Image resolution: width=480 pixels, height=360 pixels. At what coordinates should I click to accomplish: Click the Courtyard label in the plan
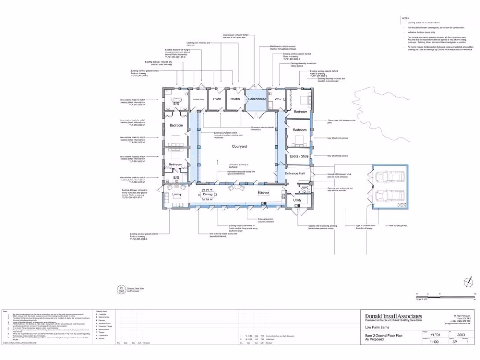tap(239, 147)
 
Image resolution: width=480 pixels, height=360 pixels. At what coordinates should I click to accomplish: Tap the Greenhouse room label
tap(257, 99)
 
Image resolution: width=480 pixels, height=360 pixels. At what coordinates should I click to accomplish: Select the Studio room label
tap(235, 99)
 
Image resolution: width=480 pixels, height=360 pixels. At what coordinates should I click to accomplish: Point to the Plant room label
tap(217, 99)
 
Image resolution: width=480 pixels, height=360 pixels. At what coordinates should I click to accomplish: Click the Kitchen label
tap(263, 193)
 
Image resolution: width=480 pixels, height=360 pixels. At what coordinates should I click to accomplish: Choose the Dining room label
tap(208, 194)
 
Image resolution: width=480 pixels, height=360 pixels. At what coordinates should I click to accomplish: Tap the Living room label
tap(177, 194)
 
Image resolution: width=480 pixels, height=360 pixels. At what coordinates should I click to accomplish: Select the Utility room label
tap(297, 200)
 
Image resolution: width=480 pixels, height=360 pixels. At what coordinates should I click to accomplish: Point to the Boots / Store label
tap(299, 156)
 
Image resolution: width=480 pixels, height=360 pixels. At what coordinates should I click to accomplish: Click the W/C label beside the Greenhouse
tap(277, 99)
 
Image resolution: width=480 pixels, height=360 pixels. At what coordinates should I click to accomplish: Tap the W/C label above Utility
tap(305, 187)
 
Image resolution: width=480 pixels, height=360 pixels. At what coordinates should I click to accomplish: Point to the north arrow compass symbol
tap(468, 282)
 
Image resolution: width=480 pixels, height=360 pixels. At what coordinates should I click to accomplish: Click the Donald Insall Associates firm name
tap(394, 317)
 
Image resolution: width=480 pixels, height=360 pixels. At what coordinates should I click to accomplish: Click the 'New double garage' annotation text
tap(398, 226)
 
